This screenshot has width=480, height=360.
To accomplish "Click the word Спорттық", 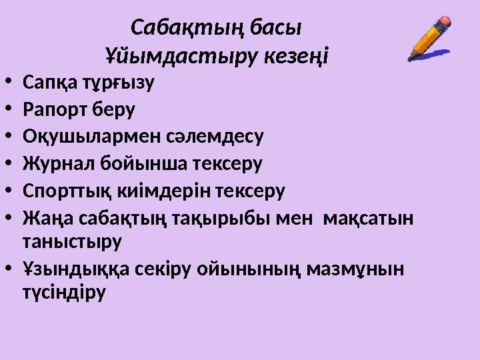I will pyautogui.click(x=61, y=192).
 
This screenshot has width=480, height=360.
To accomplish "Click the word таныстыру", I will pyautogui.click(x=72, y=242).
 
